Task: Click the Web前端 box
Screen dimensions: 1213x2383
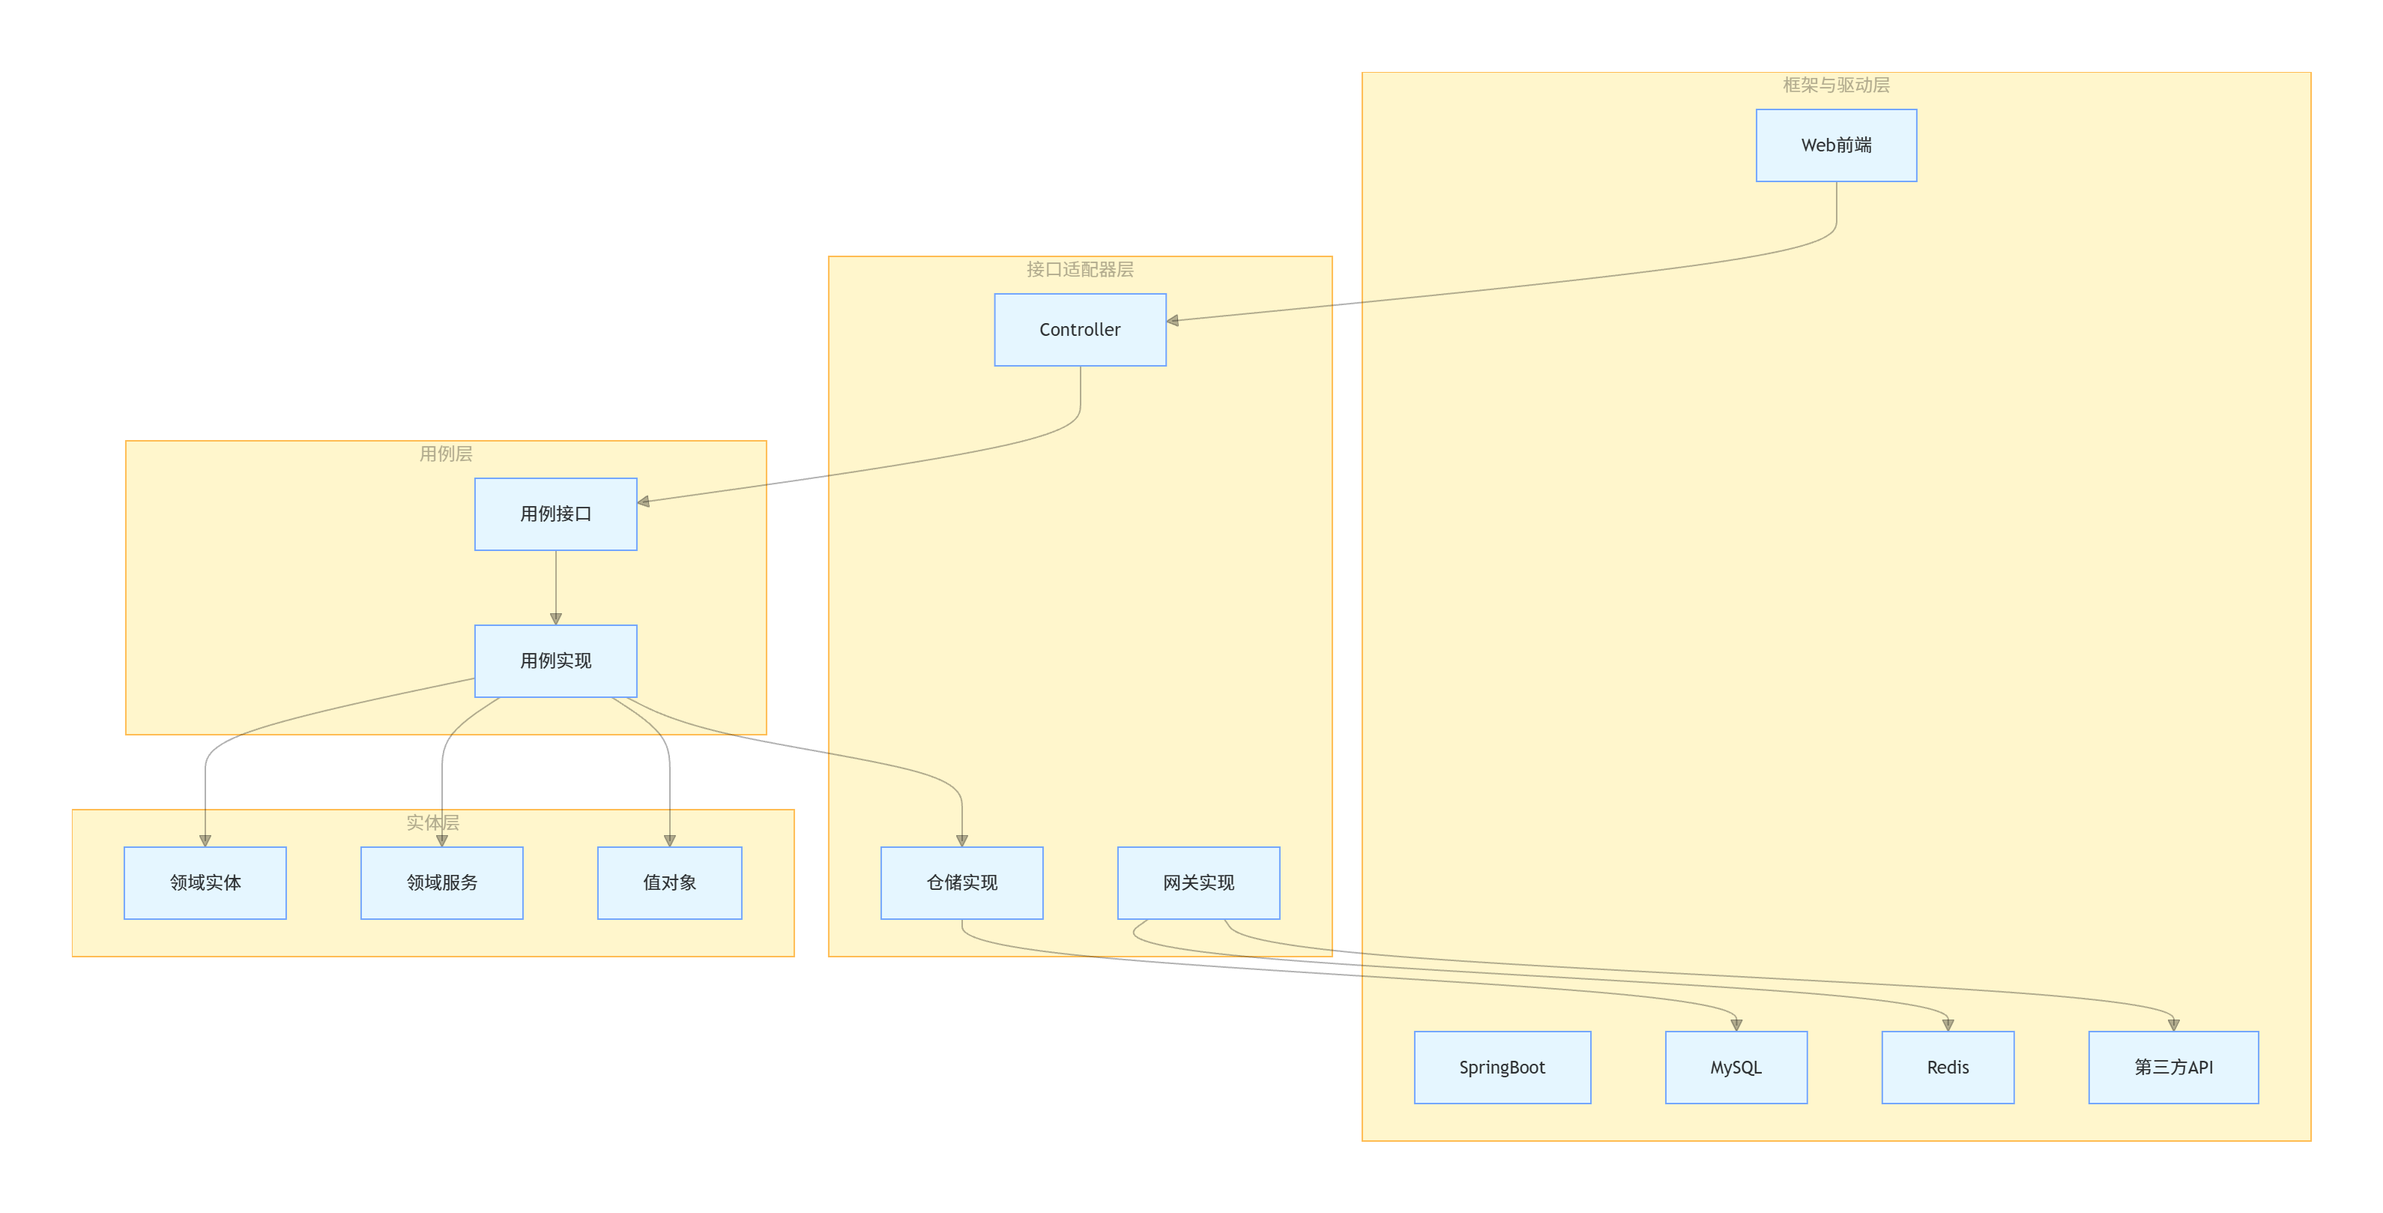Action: point(1835,145)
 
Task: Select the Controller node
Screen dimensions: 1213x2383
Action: point(1080,329)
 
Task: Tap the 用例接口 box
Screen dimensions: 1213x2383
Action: point(555,514)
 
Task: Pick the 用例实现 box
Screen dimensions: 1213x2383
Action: point(555,660)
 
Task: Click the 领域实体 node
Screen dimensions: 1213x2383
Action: point(205,882)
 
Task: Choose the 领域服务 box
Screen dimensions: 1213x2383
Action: point(441,882)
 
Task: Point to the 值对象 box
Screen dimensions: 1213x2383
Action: point(669,882)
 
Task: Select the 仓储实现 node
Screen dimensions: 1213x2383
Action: point(961,882)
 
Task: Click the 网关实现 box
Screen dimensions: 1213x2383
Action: point(1198,882)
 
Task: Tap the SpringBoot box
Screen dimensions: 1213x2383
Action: point(1502,1067)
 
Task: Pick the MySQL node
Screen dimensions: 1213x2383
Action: point(1736,1067)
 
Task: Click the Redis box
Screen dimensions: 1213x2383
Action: point(1948,1067)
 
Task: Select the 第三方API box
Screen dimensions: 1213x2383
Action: point(2173,1067)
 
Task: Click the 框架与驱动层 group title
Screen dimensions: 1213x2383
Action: point(1835,85)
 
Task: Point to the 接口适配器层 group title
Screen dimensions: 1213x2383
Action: point(1080,269)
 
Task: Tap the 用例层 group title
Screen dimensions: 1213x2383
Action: point(445,454)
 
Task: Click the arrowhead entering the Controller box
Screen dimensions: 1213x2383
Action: point(1173,321)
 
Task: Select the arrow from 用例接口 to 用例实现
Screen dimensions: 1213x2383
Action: point(556,588)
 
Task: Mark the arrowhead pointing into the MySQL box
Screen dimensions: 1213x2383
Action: point(1736,1025)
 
